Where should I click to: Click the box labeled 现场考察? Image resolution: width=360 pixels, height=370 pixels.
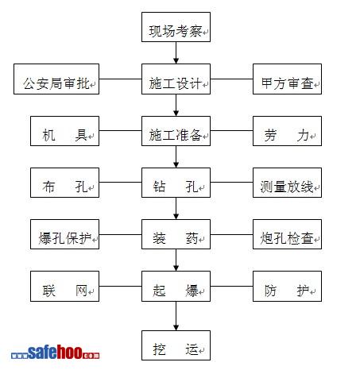coord(176,27)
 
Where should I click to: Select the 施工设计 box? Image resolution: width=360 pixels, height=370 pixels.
coord(176,79)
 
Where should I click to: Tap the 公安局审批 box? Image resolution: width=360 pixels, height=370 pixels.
coord(56,79)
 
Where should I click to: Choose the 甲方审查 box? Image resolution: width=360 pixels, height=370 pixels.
coord(287,79)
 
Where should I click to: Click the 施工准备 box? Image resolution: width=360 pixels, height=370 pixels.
coord(176,131)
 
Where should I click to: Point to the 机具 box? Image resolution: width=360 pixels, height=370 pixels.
coord(64,131)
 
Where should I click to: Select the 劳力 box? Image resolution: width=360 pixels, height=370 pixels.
coord(287,131)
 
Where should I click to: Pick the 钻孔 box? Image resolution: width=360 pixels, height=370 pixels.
coord(176,183)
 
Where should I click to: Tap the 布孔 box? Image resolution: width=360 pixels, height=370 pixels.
coord(64,183)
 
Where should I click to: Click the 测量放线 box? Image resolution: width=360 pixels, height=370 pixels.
coord(287,183)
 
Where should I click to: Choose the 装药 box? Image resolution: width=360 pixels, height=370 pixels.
coord(176,234)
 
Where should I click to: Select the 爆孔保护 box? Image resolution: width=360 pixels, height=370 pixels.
coord(64,234)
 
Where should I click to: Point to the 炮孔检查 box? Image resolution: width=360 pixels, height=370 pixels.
coord(287,234)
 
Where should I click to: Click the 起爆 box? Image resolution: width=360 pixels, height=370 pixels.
coord(176,286)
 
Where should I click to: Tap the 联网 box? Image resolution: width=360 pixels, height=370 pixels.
coord(64,286)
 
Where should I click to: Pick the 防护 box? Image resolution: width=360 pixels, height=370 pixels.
coord(287,286)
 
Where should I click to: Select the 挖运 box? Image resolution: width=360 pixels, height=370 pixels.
coord(176,345)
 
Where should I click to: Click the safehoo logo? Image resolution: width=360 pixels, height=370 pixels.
coord(56,352)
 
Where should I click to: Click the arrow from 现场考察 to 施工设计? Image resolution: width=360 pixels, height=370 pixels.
coord(176,52)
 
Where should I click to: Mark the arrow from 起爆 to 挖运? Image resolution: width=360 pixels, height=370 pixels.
coord(176,316)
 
